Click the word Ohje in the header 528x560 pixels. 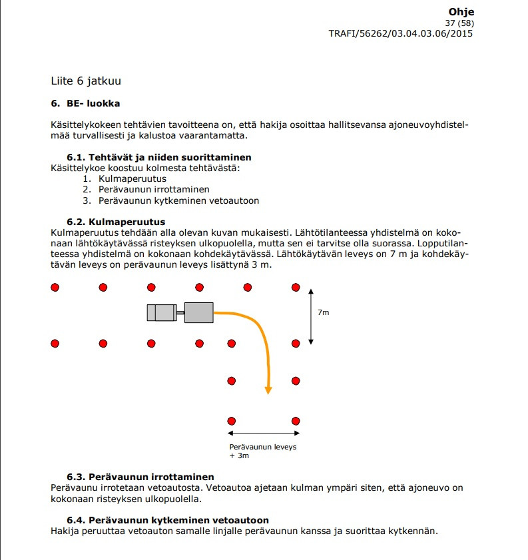461,12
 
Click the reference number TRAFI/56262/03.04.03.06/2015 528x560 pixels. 401,33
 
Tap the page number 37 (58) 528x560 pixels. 459,23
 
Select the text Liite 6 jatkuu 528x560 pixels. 86,81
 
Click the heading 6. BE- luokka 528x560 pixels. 85,104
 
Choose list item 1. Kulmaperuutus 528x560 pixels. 125,178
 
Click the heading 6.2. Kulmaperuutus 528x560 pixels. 116,222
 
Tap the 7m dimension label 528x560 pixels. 324,312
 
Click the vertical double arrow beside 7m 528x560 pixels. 311,316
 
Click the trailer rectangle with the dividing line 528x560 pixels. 162,312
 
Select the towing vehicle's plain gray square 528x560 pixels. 198,312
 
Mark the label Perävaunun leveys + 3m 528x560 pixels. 262,451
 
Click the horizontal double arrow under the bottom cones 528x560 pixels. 264,433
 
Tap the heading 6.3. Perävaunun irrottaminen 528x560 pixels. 140,477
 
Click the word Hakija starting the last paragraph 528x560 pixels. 65,531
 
